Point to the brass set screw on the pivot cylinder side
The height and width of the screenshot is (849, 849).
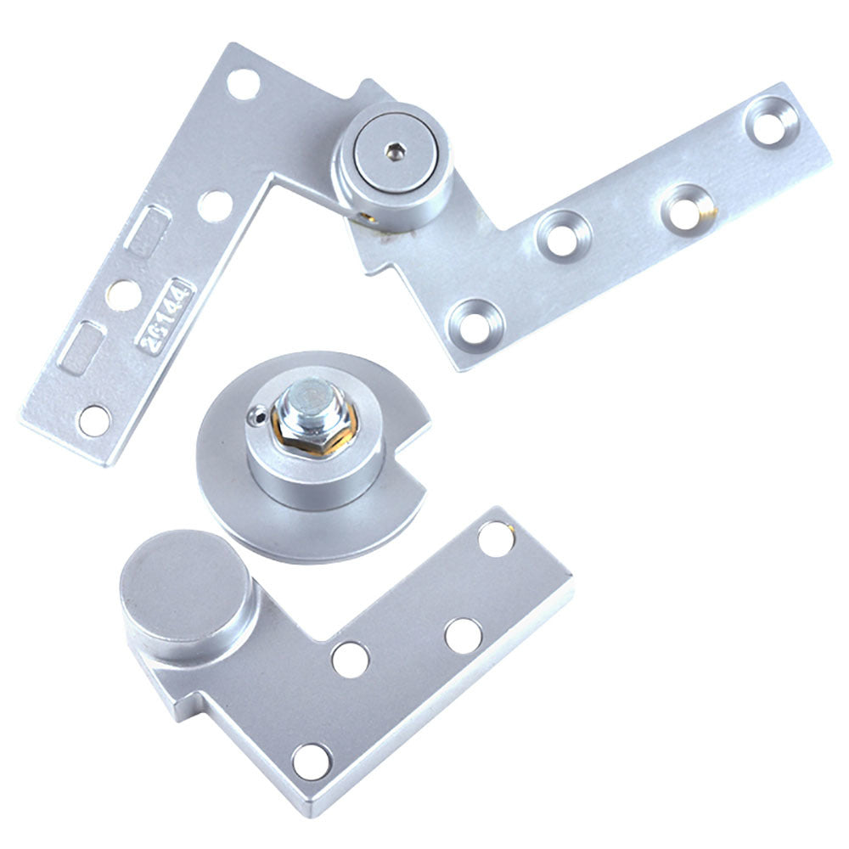(x=366, y=217)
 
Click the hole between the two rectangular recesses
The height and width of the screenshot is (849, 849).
(x=125, y=294)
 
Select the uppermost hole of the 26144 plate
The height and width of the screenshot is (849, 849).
(x=244, y=83)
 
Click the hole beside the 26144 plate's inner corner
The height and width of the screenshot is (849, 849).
(x=216, y=205)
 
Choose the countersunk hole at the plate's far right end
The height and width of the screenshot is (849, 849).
(x=771, y=121)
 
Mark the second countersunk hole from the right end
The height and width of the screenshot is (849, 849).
(x=686, y=207)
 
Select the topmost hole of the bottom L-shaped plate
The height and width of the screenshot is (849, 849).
(x=495, y=539)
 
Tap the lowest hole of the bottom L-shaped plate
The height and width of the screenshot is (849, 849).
(x=311, y=761)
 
